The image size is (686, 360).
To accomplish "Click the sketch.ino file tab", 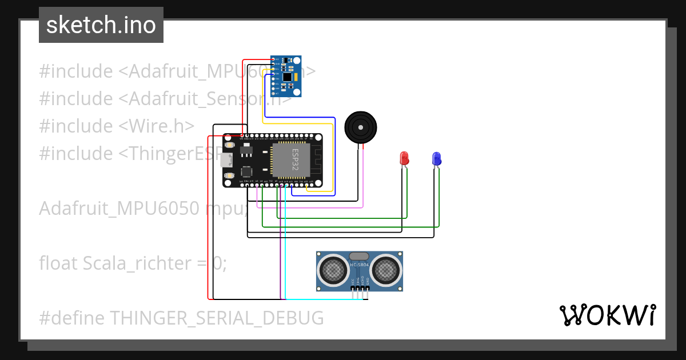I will [x=101, y=25].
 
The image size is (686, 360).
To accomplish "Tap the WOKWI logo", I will [x=607, y=315].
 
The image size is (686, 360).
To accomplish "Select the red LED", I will [x=404, y=158].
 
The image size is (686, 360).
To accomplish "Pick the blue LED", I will [x=436, y=158].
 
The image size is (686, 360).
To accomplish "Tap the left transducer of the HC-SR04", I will [x=333, y=269].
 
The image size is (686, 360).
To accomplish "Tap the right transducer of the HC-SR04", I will [x=386, y=269].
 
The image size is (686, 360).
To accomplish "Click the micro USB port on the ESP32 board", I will [x=227, y=161].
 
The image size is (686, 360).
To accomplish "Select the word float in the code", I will [x=59, y=263].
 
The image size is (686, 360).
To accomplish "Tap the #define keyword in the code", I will [x=72, y=318].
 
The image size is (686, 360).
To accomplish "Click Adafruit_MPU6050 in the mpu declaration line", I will [x=119, y=209].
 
